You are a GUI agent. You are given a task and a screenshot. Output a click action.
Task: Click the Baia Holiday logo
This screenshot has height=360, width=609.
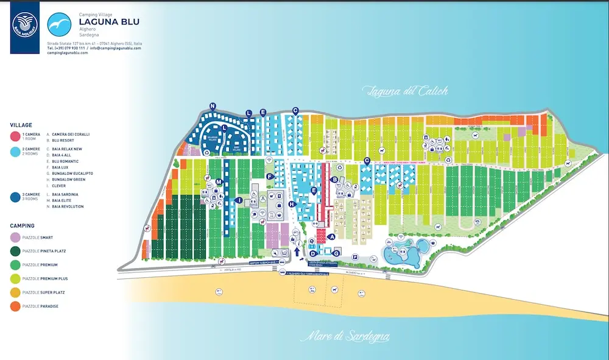(25, 27)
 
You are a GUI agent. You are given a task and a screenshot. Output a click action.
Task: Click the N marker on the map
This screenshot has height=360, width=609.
(213, 106)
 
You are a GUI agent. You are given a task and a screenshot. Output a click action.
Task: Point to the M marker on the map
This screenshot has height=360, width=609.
(218, 182)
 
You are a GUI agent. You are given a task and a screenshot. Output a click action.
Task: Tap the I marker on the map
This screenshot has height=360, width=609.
(240, 200)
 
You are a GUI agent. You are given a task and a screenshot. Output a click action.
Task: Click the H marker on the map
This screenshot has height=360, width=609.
(292, 204)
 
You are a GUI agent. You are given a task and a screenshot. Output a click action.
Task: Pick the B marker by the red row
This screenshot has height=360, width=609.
(334, 179)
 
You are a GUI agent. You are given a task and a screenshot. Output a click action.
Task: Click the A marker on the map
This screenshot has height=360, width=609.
(332, 236)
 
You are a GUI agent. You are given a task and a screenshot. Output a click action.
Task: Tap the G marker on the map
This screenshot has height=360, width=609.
(336, 252)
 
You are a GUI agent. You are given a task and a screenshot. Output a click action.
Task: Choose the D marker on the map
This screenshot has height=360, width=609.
(313, 253)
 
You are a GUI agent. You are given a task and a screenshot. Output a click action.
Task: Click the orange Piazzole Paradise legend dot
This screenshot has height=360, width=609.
(15, 306)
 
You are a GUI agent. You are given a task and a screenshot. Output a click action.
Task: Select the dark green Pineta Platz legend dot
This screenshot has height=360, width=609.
(15, 251)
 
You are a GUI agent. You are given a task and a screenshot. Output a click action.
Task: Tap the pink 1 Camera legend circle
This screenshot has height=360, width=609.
(15, 135)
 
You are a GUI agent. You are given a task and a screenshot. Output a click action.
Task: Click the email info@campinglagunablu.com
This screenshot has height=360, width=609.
(114, 48)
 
